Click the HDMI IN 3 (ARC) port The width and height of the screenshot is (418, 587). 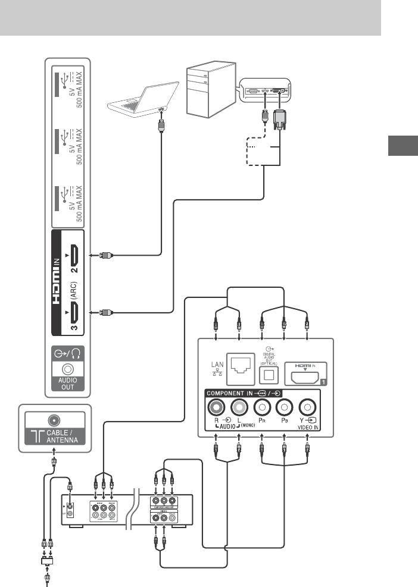point(73,311)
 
